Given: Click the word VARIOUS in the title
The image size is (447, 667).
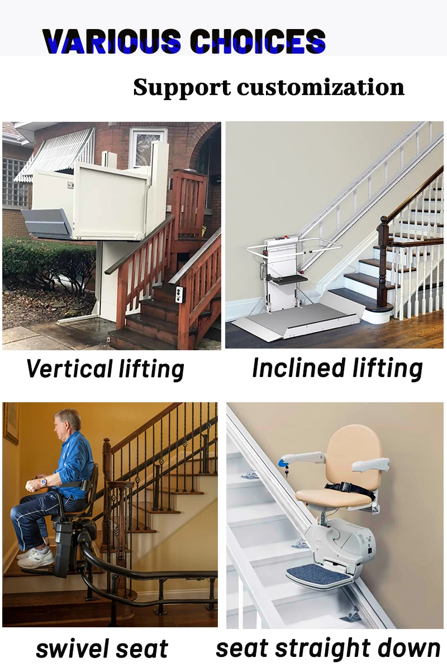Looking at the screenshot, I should [112, 41].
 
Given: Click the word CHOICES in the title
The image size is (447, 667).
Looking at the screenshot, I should [258, 41].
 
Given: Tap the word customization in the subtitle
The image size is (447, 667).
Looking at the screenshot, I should [320, 88].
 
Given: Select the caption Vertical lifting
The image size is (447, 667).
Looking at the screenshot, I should [105, 369].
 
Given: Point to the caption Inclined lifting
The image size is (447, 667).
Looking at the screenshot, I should [337, 369].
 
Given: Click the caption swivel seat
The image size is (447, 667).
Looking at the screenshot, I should [102, 649].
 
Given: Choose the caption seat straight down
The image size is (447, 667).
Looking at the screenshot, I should [328, 649].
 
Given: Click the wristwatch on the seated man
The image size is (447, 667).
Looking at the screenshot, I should [43, 481].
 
